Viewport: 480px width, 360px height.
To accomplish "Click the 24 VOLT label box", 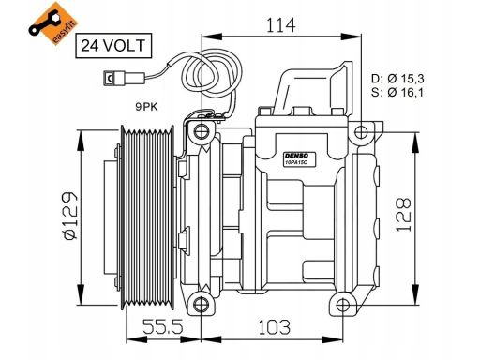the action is pos(113,46).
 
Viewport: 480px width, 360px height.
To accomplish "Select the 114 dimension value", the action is pos(280,25).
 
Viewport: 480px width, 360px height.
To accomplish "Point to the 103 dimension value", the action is pos(274,327).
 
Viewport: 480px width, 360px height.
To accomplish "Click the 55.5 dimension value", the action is pos(162,327).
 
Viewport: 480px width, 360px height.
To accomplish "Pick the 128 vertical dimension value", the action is pos(403,215).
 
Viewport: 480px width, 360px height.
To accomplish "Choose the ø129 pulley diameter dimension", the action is pos(69,216).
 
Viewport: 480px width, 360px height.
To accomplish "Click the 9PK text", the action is pos(146,107).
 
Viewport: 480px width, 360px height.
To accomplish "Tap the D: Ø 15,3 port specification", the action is pos(397,79).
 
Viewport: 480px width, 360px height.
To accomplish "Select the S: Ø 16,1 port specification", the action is pos(397,92).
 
